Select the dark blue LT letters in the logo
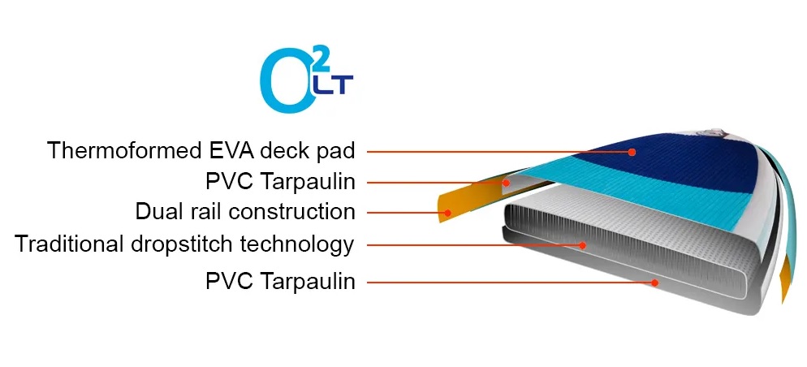coord(334,85)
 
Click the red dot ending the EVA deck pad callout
coord(632,152)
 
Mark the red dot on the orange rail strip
coord(448,213)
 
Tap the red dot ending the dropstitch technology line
coord(582,245)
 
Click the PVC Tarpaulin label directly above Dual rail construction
coord(280,182)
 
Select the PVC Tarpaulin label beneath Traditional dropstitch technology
coord(280,282)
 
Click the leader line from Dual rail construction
coord(407,213)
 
